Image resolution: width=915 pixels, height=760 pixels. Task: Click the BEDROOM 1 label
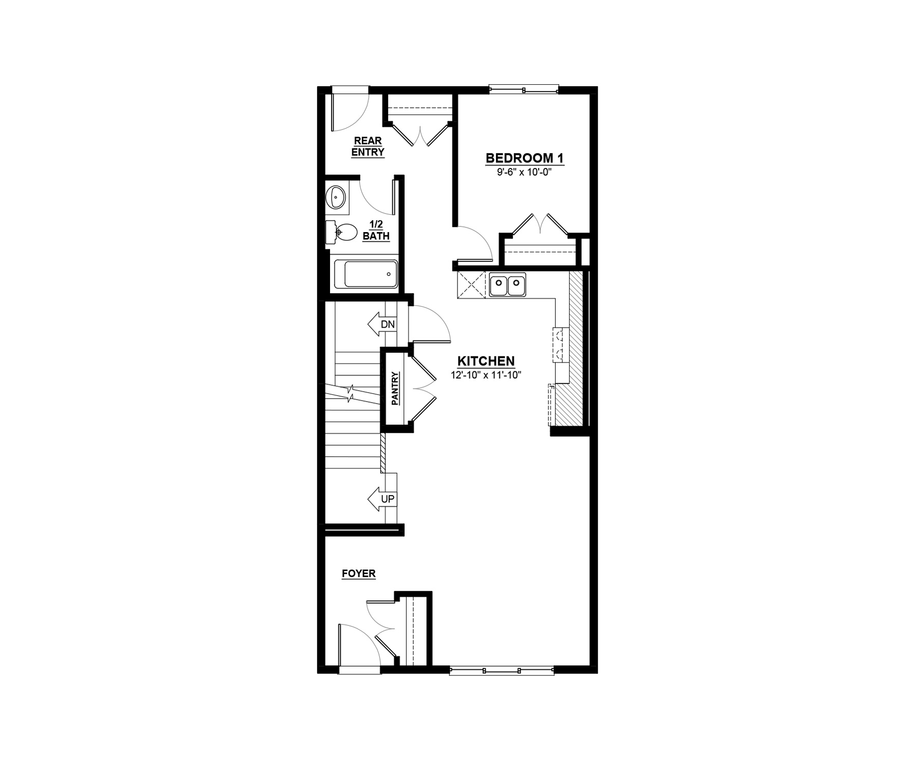pos(525,158)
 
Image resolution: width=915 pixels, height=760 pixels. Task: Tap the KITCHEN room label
pos(486,361)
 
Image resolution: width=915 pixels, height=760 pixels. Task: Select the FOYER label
pos(359,574)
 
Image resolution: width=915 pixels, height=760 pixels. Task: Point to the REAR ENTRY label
pos(368,146)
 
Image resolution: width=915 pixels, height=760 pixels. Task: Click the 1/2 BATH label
pos(376,230)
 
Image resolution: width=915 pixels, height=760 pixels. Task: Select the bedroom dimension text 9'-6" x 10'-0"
pos(525,173)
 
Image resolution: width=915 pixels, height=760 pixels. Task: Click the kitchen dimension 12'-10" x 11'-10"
pos(486,375)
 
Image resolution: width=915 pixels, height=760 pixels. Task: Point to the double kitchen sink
pos(507,285)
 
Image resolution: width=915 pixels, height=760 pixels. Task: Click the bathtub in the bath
pos(366,274)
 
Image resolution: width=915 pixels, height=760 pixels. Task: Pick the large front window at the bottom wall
pos(502,670)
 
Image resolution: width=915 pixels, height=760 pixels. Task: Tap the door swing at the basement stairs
pos(430,324)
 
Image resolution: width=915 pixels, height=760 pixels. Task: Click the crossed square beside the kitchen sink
pos(471,285)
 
